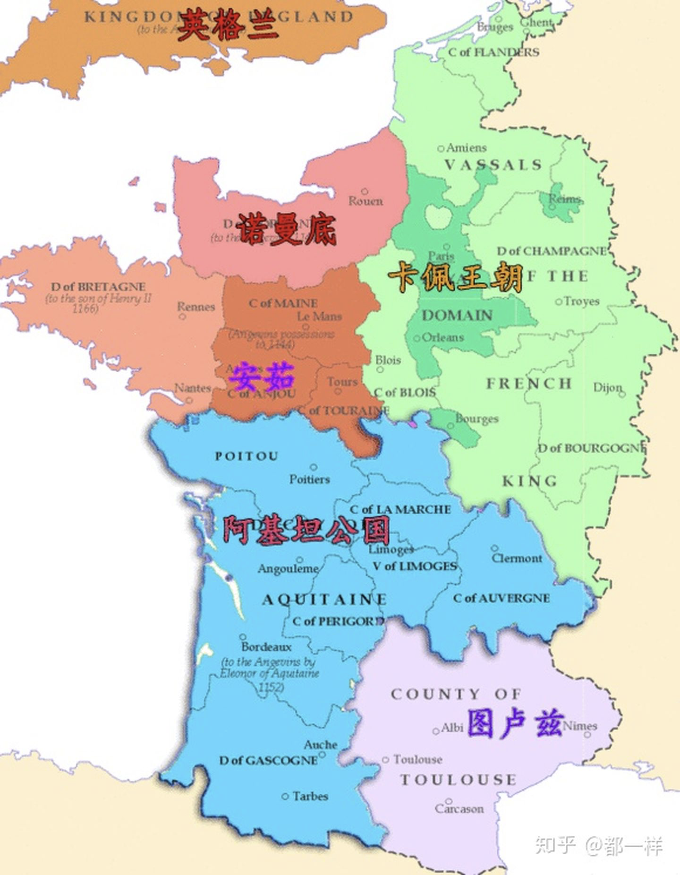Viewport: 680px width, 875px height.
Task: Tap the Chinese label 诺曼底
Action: click(286, 230)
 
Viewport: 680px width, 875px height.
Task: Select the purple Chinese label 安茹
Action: click(262, 377)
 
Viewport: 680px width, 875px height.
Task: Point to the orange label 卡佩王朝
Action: click(455, 278)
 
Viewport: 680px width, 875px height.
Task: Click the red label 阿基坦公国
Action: click(306, 530)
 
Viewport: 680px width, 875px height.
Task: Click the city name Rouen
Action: click(365, 201)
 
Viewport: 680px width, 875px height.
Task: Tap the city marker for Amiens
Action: click(441, 148)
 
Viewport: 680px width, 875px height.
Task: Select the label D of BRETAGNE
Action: click(98, 287)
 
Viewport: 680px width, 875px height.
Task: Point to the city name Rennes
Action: click(195, 307)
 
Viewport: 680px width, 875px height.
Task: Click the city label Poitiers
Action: click(309, 479)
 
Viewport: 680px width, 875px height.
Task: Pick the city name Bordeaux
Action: click(266, 647)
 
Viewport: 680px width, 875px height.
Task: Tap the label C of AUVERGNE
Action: click(501, 598)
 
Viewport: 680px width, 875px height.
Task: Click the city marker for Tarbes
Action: click(285, 796)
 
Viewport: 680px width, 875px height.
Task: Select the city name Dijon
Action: click(607, 388)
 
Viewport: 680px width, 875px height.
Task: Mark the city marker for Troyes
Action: click(559, 301)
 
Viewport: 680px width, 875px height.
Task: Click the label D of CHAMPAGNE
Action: click(551, 251)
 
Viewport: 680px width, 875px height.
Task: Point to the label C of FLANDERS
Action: click(493, 52)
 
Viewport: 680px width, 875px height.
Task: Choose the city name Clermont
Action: click(517, 558)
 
